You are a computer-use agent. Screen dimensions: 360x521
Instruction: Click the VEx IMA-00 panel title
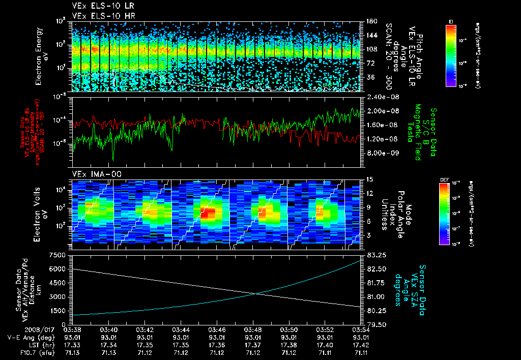coord(93,174)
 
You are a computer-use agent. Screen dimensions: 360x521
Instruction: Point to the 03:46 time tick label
coord(217,329)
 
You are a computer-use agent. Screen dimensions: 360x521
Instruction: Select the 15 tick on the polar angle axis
coord(366,179)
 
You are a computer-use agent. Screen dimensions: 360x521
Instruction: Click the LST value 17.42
coord(362,344)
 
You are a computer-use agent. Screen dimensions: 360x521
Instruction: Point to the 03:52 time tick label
coord(325,329)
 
